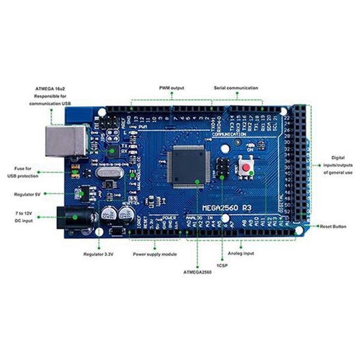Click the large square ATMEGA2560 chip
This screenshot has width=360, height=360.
pyautogui.click(x=188, y=166)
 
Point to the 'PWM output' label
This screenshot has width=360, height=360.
pyautogui.click(x=172, y=88)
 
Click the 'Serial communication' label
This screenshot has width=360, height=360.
pyautogui.click(x=236, y=88)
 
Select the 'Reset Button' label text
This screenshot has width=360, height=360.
pyautogui.click(x=334, y=226)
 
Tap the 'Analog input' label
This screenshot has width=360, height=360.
pyautogui.click(x=241, y=254)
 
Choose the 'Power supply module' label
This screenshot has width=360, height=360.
pyautogui.click(x=155, y=254)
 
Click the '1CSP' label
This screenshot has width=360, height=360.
pyautogui.click(x=222, y=264)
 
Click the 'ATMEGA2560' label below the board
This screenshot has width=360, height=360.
pyautogui.click(x=197, y=272)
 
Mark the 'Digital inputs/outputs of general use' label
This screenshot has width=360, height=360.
pyautogui.click(x=337, y=164)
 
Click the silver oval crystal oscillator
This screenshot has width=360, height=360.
pyautogui.click(x=109, y=173)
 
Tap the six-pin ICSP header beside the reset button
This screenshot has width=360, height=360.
pyautogui.click(x=222, y=168)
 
